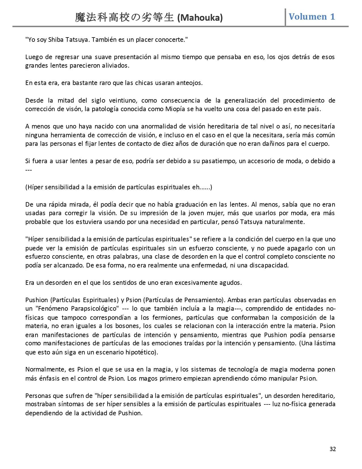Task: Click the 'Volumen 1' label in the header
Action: coord(312,16)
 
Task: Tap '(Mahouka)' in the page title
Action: coord(200,18)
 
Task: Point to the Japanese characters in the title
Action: coord(124,18)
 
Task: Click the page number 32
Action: coord(333,449)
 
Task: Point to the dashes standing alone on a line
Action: coord(28,170)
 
